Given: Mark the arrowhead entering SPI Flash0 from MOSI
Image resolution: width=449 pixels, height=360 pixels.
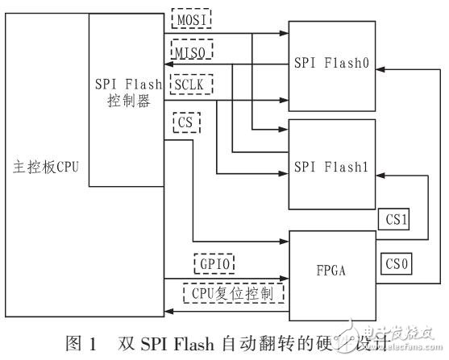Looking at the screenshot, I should click(x=285, y=34).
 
